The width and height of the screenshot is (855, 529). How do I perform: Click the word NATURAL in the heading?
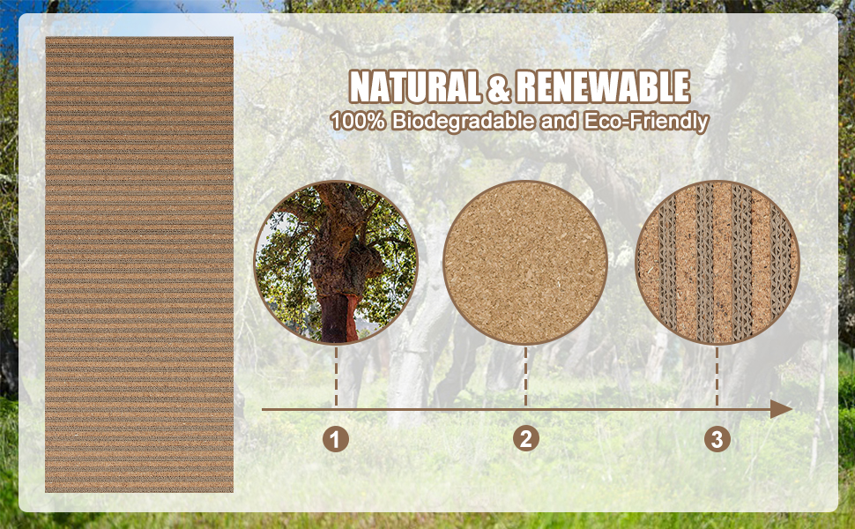click(415, 86)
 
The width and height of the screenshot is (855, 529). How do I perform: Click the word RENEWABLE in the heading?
click(603, 86)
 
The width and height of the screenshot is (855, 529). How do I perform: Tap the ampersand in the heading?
click(498, 87)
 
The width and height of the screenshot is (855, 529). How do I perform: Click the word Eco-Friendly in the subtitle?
click(646, 122)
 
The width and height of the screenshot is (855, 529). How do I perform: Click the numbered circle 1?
click(335, 439)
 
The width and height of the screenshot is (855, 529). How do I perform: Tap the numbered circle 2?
click(526, 438)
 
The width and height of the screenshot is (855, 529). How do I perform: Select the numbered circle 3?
click(717, 439)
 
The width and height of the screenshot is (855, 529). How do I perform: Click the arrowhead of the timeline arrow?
click(781, 409)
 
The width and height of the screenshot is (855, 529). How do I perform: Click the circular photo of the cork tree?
click(336, 263)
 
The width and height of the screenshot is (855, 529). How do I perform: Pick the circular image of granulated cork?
click(525, 263)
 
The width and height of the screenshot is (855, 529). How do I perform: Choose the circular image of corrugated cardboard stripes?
click(717, 263)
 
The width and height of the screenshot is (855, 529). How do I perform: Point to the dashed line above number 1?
click(336, 376)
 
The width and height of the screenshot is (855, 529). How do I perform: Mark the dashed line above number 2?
click(525, 376)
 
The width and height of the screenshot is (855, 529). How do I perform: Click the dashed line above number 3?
click(717, 376)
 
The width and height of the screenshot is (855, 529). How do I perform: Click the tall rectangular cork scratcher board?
click(139, 264)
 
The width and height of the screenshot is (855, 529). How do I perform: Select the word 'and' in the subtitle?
click(560, 121)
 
